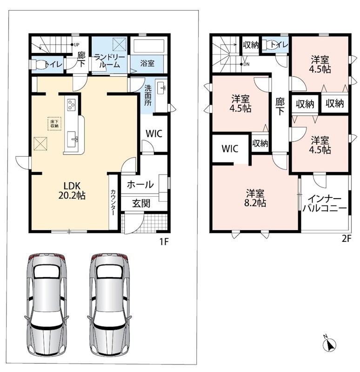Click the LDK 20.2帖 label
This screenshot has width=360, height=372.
[x=72, y=190]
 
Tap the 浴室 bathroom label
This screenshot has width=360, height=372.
[x=147, y=63]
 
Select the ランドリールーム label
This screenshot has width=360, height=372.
[x=109, y=61]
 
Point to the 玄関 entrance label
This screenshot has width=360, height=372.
[x=141, y=203]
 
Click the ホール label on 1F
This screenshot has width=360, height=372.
[x=140, y=184]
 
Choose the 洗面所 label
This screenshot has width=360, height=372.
[x=148, y=95]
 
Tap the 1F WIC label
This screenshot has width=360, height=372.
[x=154, y=133]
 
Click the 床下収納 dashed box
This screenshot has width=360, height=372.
[x=54, y=124]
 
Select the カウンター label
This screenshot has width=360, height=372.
[x=113, y=202]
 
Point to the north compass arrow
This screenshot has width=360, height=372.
[x=330, y=345]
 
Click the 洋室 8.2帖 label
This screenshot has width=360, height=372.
[x=255, y=198]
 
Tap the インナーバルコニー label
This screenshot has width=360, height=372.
[x=325, y=203]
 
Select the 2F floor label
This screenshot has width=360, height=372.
[x=346, y=239]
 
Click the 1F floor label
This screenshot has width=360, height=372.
[x=164, y=242]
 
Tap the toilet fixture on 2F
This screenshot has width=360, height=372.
[x=272, y=45]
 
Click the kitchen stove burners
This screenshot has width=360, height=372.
[x=72, y=105]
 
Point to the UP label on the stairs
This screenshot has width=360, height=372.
[x=76, y=45]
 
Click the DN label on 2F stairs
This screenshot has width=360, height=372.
[x=247, y=64]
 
